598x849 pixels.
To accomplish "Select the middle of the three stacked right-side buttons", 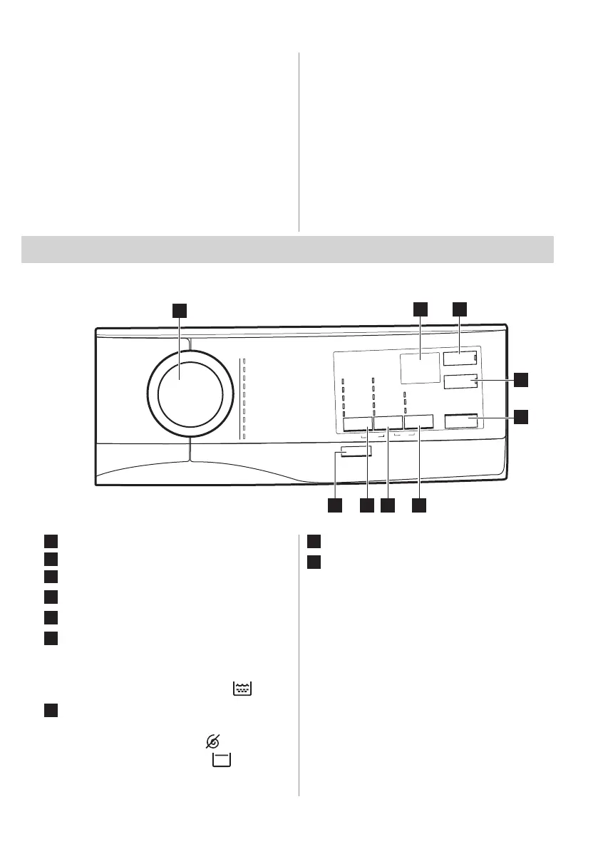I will click(x=460, y=384).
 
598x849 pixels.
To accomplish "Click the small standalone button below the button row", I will click(x=356, y=452).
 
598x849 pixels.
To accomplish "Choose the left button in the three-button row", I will click(x=356, y=423).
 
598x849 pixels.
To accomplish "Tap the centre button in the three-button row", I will click(x=388, y=423).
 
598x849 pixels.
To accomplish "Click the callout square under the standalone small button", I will click(x=334, y=505).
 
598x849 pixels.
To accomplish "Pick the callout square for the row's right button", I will click(x=420, y=505).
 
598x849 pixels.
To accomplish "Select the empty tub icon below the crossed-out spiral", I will click(x=221, y=761).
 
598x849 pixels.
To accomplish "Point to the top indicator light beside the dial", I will click(x=243, y=361).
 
